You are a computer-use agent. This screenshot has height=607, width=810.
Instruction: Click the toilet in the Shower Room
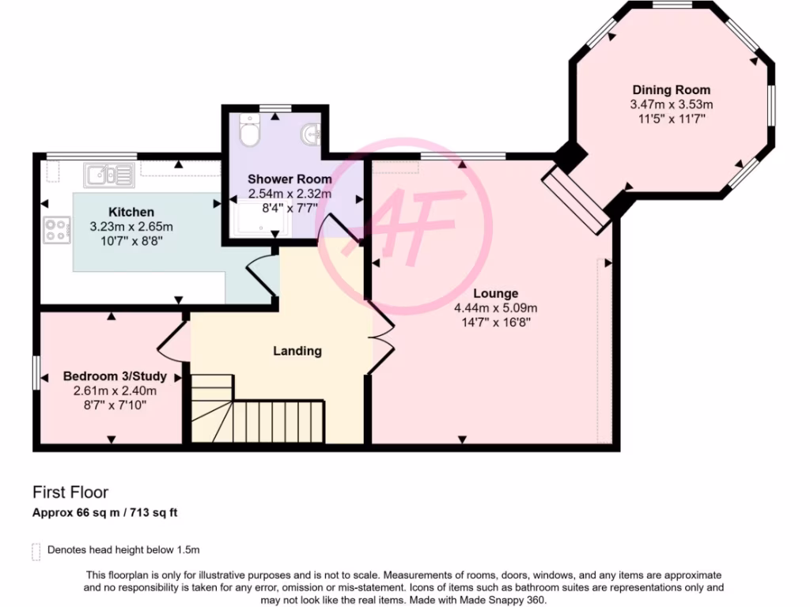(250, 131)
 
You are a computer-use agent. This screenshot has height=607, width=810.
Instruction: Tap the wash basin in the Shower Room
(311, 135)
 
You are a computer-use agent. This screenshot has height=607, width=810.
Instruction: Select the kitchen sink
(102, 174)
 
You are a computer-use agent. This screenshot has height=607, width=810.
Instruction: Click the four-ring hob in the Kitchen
(56, 230)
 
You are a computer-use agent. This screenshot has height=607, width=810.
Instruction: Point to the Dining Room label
(671, 89)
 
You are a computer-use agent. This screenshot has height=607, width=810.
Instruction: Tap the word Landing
(297, 350)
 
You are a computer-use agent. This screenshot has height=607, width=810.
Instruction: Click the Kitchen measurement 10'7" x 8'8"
(131, 241)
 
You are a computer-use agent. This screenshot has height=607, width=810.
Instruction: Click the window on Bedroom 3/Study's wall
(36, 371)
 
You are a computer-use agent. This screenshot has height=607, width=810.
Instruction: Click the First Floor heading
(70, 492)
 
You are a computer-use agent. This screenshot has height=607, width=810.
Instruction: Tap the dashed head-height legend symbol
(36, 551)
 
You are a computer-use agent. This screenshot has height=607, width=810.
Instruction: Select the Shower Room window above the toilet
(275, 107)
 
